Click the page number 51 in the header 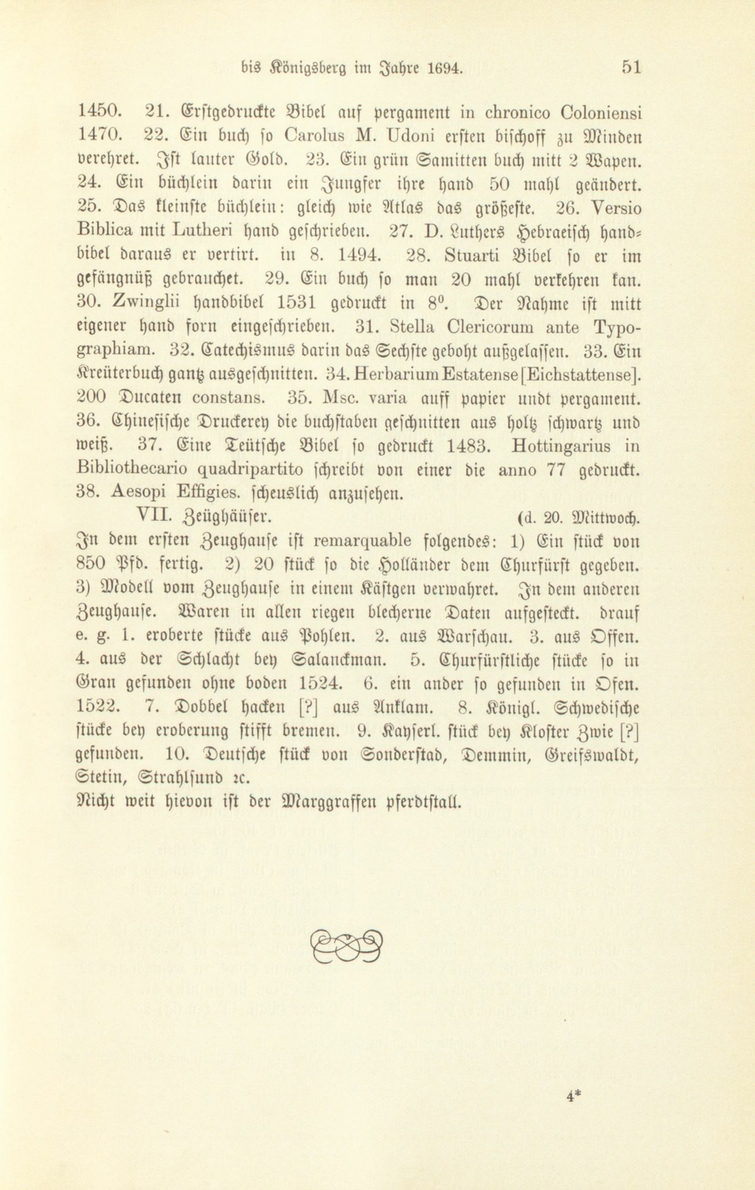[x=631, y=67]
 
